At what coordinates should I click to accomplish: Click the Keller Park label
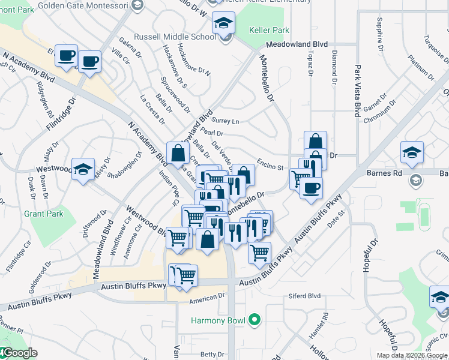click(x=270, y=30)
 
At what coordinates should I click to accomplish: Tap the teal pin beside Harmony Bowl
click(x=255, y=320)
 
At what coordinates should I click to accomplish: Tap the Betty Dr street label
click(x=212, y=355)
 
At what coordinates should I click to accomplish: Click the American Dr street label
click(x=206, y=296)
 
